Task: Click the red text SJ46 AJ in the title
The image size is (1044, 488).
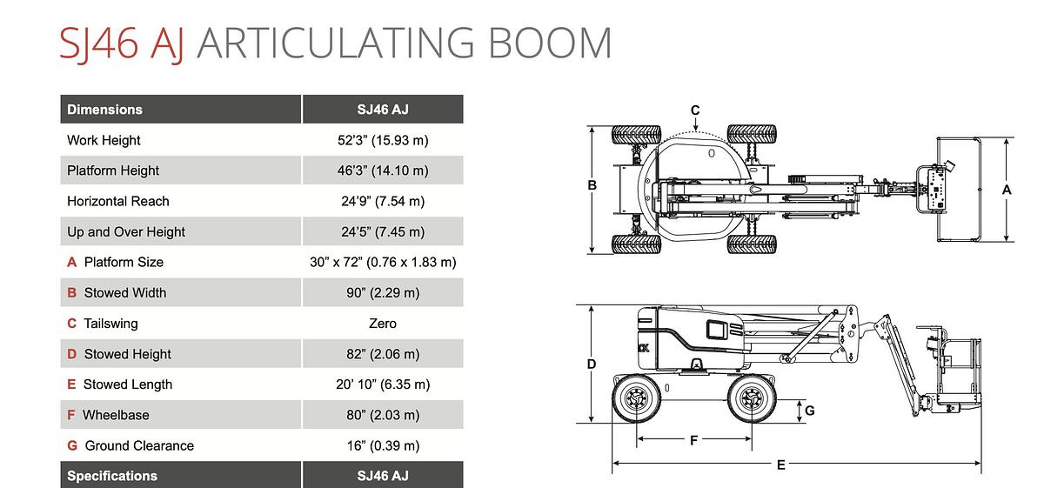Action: (121, 43)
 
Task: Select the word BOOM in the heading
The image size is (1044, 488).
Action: (550, 43)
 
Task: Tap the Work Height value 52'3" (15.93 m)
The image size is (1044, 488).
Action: (383, 140)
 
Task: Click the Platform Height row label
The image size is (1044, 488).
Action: (113, 170)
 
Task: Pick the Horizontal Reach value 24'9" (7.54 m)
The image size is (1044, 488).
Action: (383, 201)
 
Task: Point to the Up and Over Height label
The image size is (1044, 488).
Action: (126, 231)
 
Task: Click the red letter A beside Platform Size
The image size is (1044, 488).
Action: (71, 262)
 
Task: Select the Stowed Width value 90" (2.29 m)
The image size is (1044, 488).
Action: (383, 292)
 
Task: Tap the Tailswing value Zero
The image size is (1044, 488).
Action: (383, 324)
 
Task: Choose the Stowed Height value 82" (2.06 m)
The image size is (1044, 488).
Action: (383, 354)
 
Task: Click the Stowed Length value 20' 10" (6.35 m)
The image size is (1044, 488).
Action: (383, 384)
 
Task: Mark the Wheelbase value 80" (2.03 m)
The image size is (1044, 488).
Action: (383, 415)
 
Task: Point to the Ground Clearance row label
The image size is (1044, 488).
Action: (139, 445)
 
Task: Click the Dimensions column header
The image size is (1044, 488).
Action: (105, 110)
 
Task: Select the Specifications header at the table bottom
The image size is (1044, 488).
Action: (112, 476)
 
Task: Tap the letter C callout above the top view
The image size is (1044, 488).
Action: (695, 110)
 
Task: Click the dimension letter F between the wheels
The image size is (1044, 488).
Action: (694, 440)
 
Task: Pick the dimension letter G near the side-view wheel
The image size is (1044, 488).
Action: (810, 411)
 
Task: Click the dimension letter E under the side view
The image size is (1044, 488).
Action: (781, 465)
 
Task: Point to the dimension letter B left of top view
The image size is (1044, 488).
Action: (592, 185)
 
